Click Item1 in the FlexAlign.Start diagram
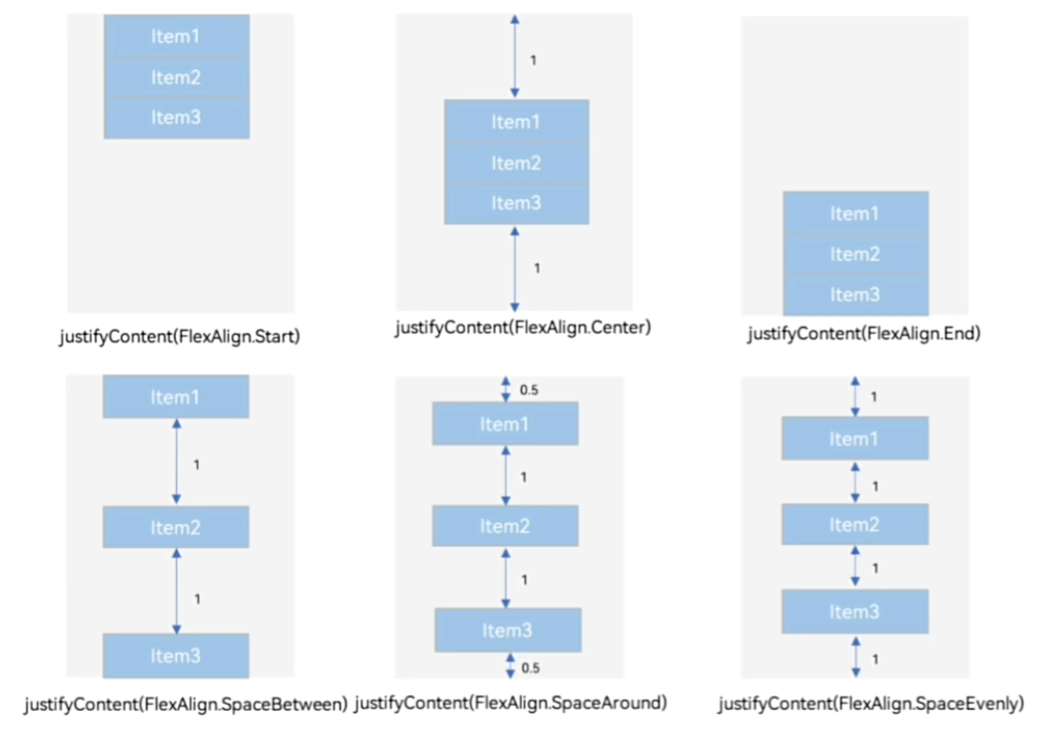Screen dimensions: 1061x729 pos(177,36)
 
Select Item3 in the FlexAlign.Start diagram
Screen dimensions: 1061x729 pos(177,117)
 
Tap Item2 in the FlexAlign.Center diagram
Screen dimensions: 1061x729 pos(516,163)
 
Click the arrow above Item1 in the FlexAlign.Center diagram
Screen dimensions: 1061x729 pos(515,57)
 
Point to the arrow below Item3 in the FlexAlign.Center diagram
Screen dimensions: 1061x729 pos(515,268)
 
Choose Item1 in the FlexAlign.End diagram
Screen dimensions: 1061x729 pos(855,214)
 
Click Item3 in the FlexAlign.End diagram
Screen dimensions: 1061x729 pos(855,294)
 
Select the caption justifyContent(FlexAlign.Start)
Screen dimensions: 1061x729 pos(180,337)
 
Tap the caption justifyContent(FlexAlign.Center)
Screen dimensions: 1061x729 pos(523,328)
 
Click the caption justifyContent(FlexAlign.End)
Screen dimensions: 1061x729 pos(864,334)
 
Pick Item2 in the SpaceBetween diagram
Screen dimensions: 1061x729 pos(176,527)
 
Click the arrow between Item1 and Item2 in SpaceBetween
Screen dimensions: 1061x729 pos(177,462)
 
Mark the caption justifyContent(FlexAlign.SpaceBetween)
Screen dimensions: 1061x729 pos(186,705)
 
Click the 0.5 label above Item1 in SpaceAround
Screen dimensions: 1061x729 pos(530,390)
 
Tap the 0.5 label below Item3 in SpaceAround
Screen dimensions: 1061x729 pos(530,668)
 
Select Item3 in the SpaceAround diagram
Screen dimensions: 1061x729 pos(507,630)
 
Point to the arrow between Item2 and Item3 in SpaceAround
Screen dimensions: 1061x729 pos(506,578)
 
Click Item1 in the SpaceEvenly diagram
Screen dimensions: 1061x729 pos(855,439)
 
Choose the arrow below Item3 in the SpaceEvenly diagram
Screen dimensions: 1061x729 pos(856,657)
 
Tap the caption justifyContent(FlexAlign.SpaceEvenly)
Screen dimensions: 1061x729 pos(872,704)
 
